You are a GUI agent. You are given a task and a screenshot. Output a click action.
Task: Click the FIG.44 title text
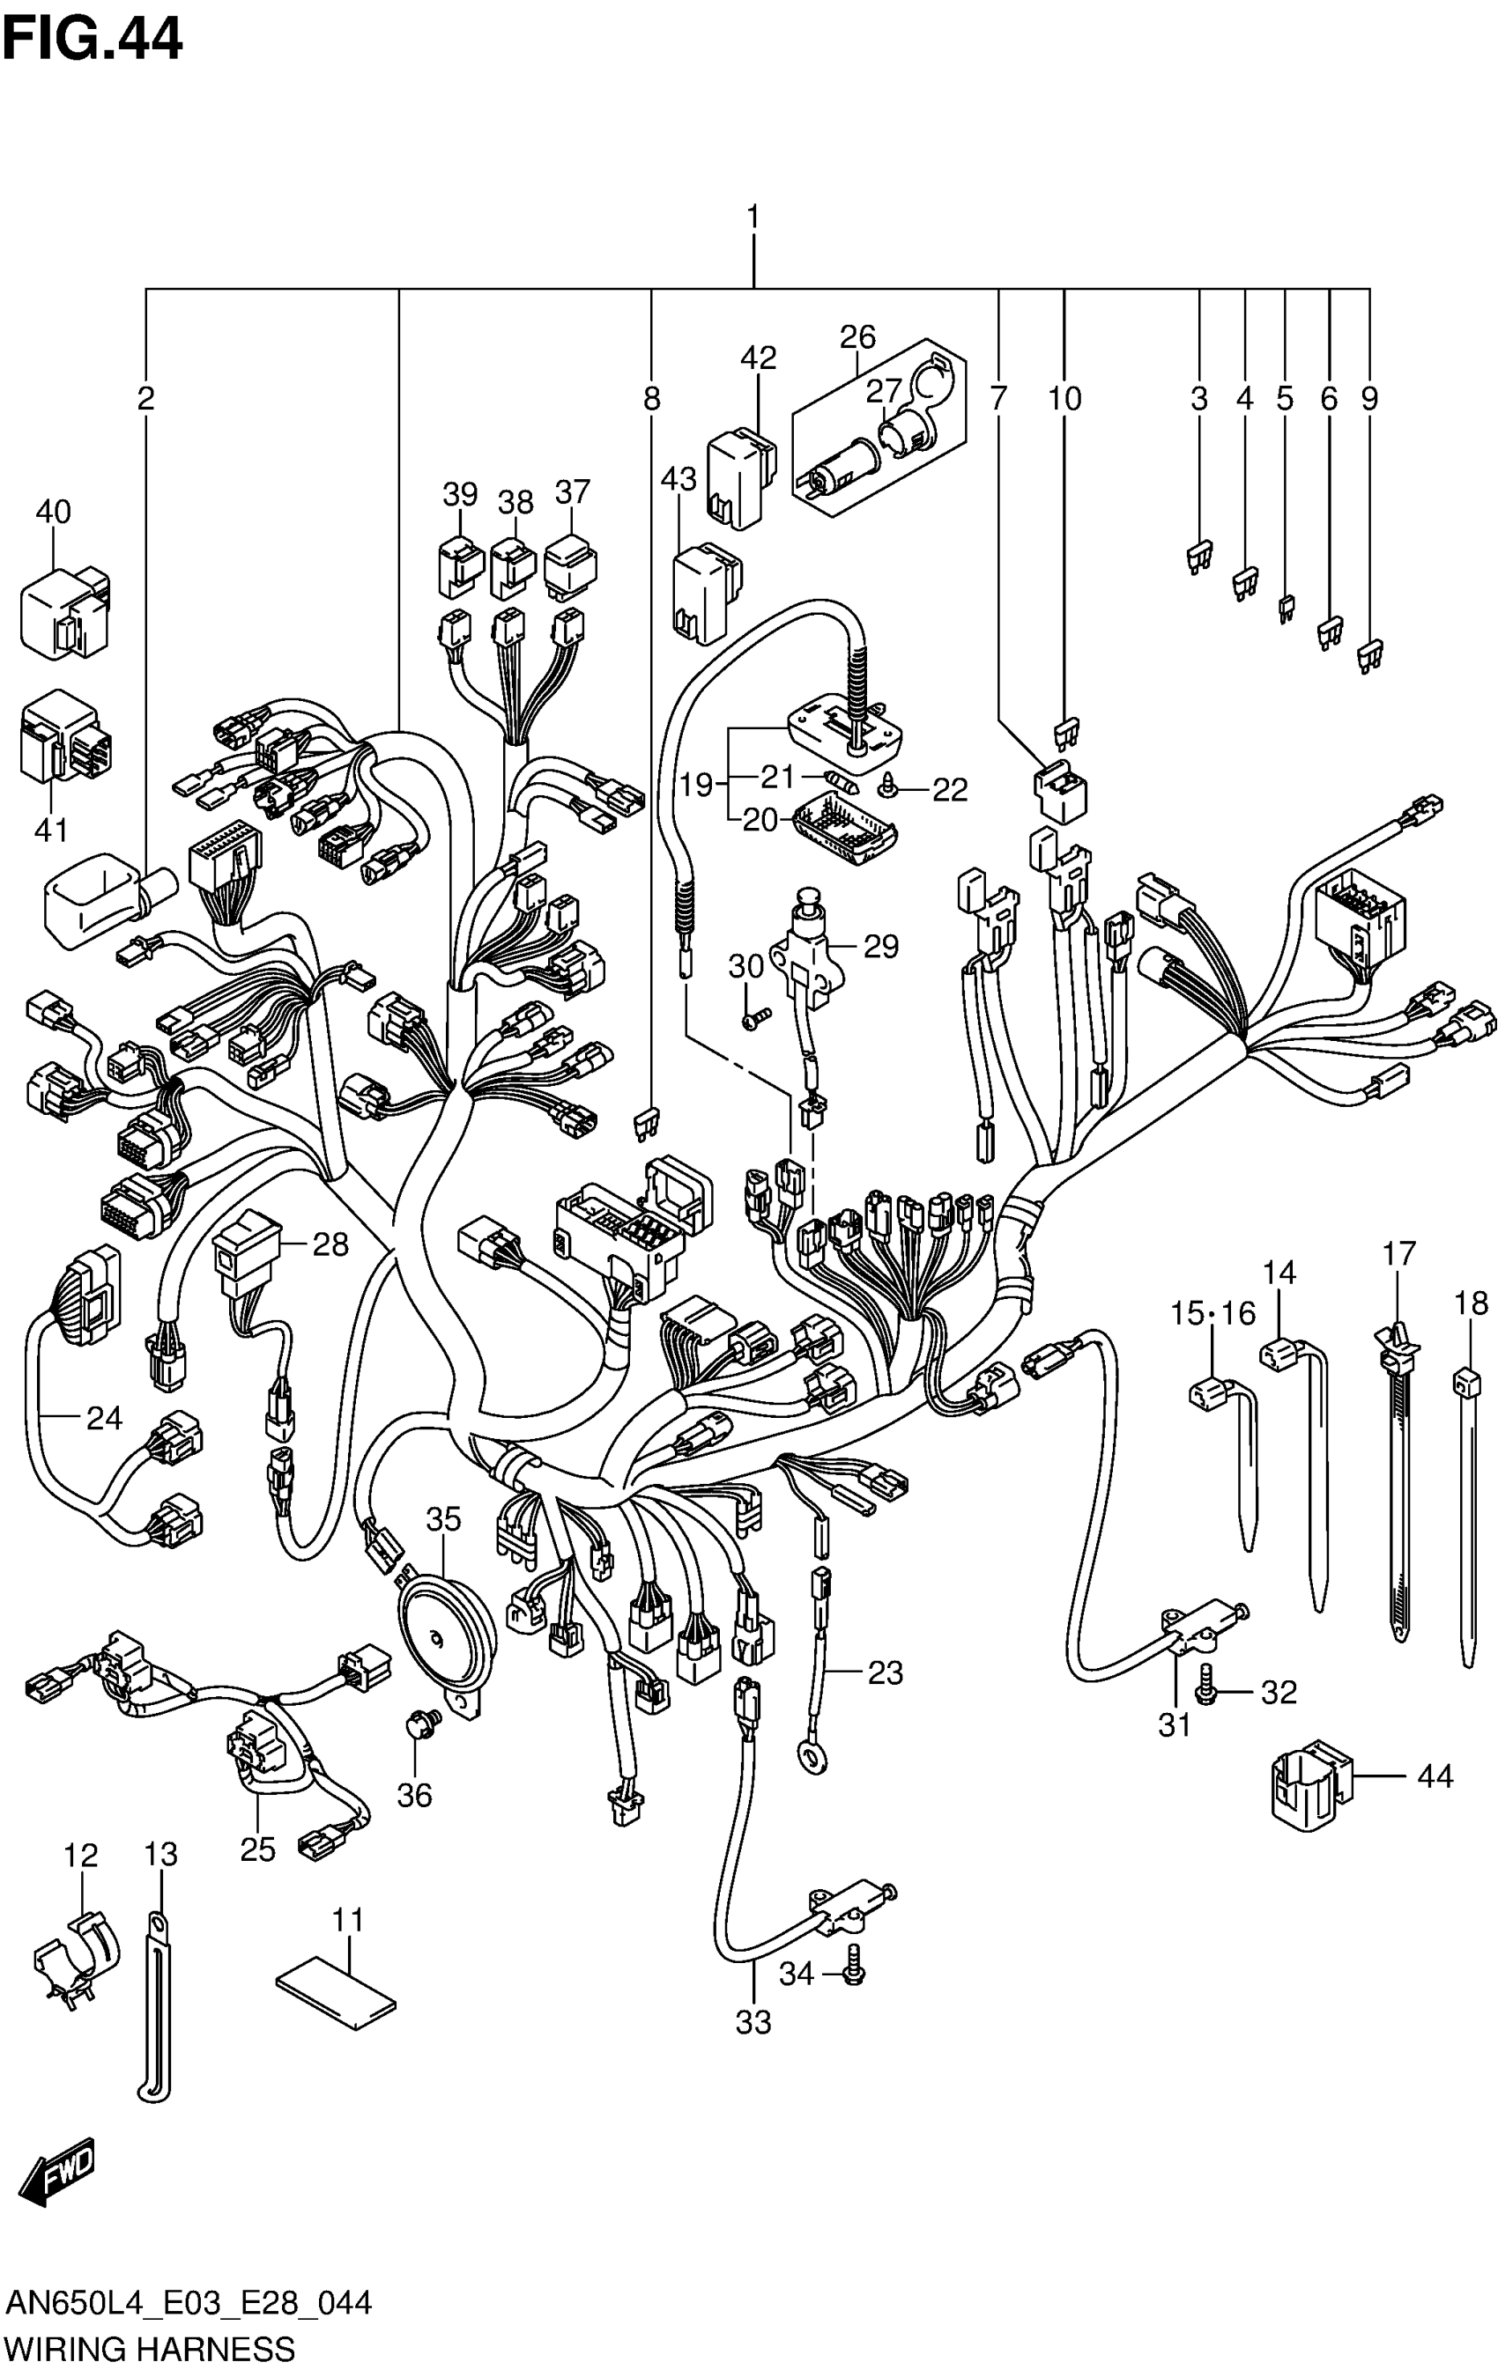(x=92, y=41)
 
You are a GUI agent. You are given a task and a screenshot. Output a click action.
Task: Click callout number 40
(x=54, y=512)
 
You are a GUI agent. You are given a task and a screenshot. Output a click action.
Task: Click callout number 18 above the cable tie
(x=1471, y=1303)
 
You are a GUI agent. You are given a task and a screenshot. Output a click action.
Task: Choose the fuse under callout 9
(x=1369, y=656)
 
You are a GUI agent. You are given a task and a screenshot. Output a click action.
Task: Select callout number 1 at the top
(x=753, y=215)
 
